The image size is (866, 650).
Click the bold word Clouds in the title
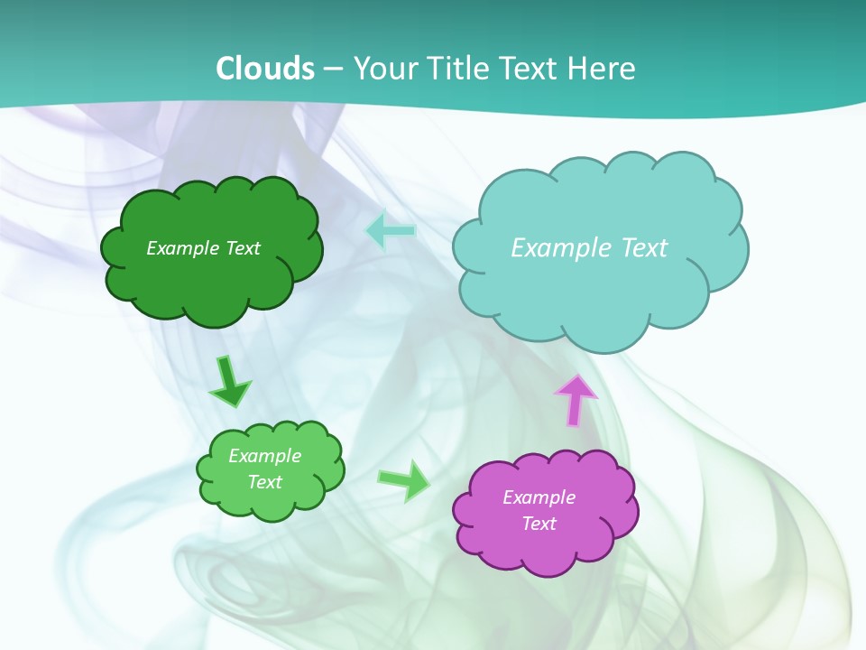pos(265,69)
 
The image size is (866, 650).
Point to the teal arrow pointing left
pos(391,231)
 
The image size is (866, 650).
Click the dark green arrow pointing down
pos(230,381)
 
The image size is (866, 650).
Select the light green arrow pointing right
pos(404,480)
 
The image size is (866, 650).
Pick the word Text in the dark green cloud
pos(242,248)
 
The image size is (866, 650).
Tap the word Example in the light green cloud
pos(264,456)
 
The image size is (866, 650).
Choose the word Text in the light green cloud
pos(264,482)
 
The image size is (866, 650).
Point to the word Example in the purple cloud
pos(539,497)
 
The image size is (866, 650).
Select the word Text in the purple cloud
pos(539,524)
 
